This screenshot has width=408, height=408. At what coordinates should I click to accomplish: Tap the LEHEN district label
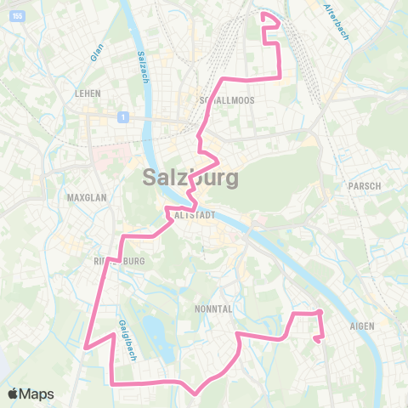click(x=88, y=93)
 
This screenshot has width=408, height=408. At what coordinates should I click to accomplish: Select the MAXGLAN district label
click(x=85, y=197)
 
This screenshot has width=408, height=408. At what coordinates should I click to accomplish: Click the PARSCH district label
click(x=363, y=185)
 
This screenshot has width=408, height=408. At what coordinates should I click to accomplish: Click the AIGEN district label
click(x=361, y=325)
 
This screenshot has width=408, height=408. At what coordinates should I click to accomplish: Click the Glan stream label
click(x=96, y=52)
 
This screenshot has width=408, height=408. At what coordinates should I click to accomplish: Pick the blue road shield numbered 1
click(x=123, y=117)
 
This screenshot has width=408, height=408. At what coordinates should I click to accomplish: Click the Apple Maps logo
click(x=31, y=394)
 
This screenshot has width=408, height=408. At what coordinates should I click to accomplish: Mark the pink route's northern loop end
click(x=269, y=16)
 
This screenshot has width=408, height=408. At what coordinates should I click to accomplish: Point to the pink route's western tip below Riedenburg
click(x=85, y=346)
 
